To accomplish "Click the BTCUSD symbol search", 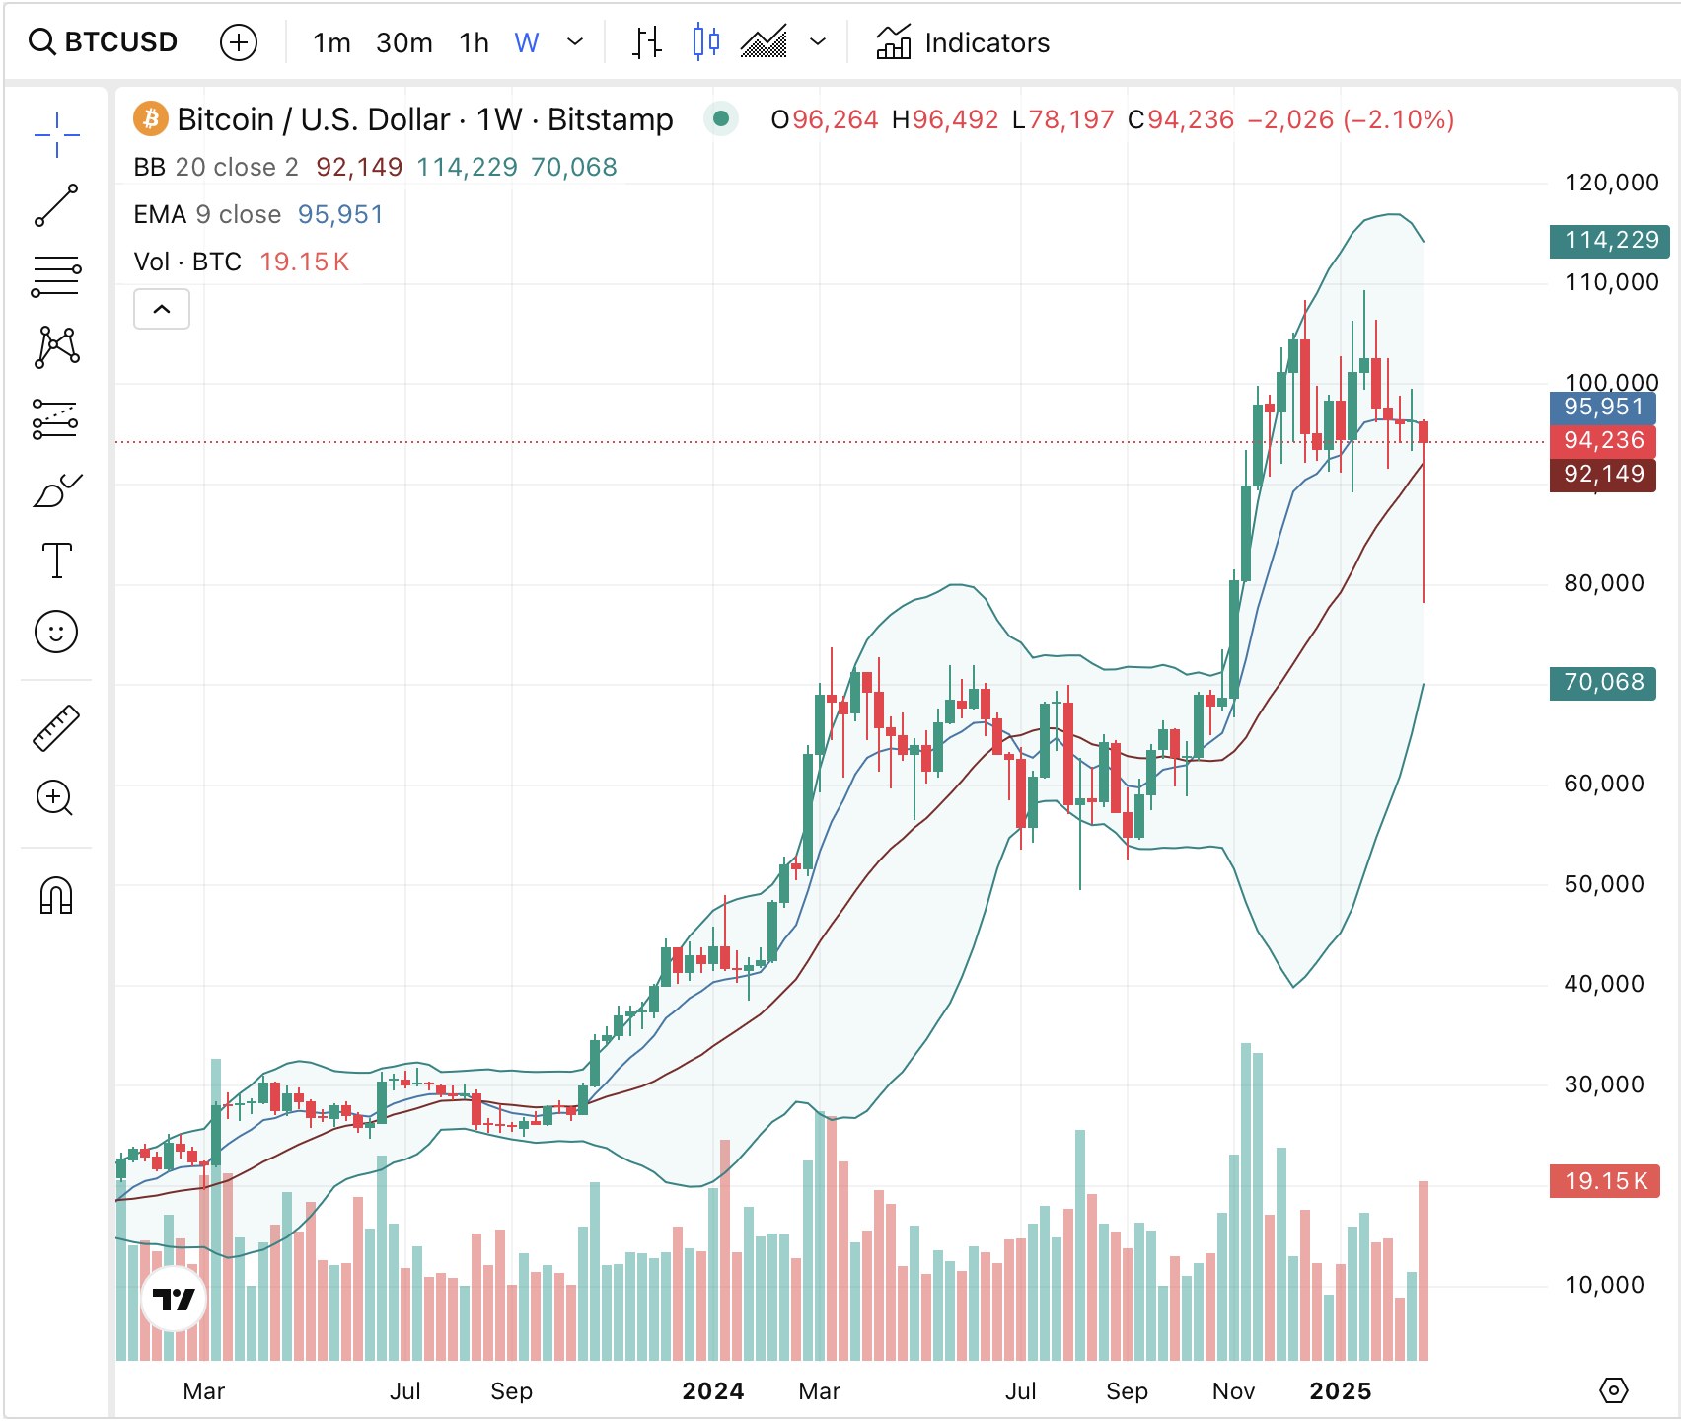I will [x=104, y=42].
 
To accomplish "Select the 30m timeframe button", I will [x=403, y=43].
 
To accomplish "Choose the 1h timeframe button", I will [x=474, y=43].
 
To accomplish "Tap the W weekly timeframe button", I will [x=527, y=43].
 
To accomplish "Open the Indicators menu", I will [x=963, y=43].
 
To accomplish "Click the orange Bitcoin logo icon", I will [x=150, y=119].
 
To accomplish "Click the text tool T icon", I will [x=56, y=561].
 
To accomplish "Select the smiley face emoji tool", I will [x=56, y=632].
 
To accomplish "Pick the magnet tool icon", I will [x=56, y=896].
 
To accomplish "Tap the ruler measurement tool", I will [x=56, y=728].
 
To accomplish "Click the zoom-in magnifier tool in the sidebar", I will [x=55, y=798].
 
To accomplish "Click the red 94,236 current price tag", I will [x=1603, y=440].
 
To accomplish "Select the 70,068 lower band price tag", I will [x=1603, y=682].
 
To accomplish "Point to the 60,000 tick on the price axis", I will [x=1604, y=784].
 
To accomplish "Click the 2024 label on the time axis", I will [x=712, y=1391].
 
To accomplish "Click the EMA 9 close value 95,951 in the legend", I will [x=340, y=214].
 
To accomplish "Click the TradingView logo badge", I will [x=175, y=1300].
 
